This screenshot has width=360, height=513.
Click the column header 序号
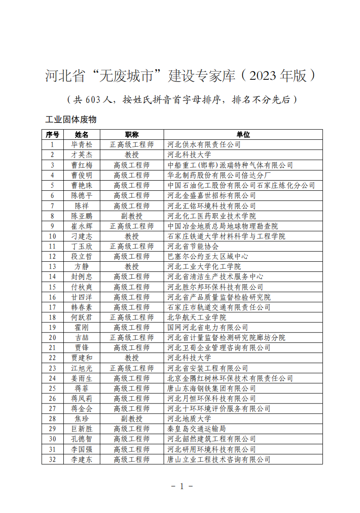coord(53,134)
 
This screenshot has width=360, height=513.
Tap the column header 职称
coord(132,134)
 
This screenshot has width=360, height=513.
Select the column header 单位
coord(243,134)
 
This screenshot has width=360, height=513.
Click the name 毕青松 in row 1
coord(82,144)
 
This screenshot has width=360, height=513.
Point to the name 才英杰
coord(82,154)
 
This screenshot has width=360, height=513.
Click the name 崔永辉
coord(82,226)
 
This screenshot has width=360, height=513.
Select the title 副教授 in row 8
coord(132,216)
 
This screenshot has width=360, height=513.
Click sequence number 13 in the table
coord(53,266)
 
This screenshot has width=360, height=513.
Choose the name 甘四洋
coord(82,297)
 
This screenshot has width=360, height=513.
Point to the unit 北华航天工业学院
coord(197,317)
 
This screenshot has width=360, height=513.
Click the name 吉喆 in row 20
coord(82,337)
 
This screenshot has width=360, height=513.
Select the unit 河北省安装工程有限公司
coord(208,368)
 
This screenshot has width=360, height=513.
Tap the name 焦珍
coord(82,419)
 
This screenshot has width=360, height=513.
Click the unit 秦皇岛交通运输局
coord(197,429)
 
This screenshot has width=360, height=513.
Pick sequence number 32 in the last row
coord(53,459)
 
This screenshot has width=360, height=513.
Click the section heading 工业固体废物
coord(71,120)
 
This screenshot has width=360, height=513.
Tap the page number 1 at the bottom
coord(182,486)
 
